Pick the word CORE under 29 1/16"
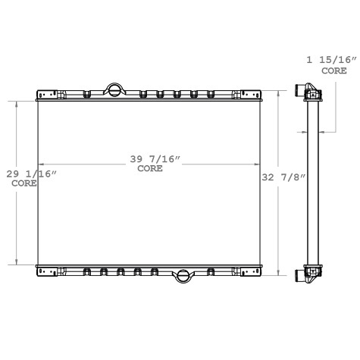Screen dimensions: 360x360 click(25, 183)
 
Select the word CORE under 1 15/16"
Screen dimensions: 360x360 click(333, 70)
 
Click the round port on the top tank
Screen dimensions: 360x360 click(113, 89)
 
